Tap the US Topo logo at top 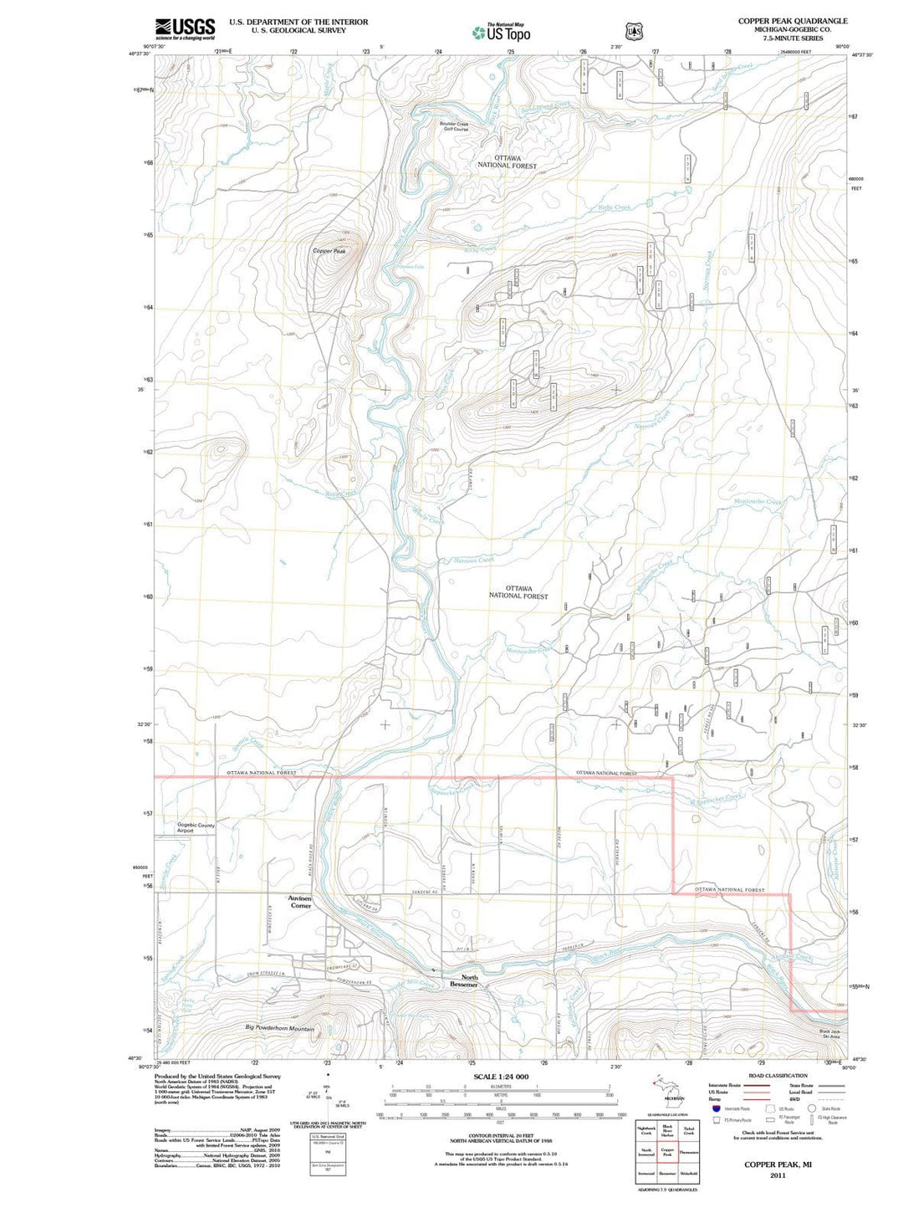[x=501, y=33]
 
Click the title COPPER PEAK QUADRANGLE [x=792, y=21]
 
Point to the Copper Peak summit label [x=329, y=251]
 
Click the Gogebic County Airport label [x=196, y=828]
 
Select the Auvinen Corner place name [x=300, y=902]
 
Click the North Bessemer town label [x=463, y=981]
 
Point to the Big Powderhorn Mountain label [x=279, y=1028]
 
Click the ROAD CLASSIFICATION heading [x=778, y=1076]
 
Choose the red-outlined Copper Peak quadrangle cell [x=667, y=1151]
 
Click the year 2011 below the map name [x=778, y=1174]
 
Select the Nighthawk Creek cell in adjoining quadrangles [x=645, y=1130]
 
